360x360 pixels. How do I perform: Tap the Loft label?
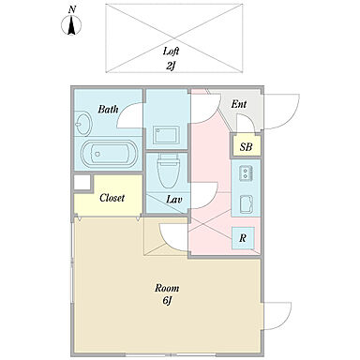[x=171, y=52]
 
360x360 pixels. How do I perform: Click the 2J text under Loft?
[x=170, y=66]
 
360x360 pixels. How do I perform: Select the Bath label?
[x=108, y=109]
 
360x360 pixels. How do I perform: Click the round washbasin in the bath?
[x=83, y=124]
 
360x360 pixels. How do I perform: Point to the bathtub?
[x=109, y=154]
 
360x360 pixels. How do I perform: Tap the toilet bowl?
[x=167, y=170]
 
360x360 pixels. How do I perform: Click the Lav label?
[x=173, y=200]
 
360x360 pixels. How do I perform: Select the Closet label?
[x=112, y=198]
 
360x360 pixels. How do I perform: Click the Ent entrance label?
[x=239, y=104]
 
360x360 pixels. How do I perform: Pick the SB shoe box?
[x=246, y=146]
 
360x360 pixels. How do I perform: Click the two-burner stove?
[x=246, y=173]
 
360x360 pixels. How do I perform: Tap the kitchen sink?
[x=246, y=204]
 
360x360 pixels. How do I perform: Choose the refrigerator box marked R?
[x=243, y=238]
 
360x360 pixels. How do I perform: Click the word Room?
[x=167, y=288]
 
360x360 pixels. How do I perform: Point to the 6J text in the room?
[x=167, y=301]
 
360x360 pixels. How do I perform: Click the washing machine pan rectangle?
[x=167, y=135]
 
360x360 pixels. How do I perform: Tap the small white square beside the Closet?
[x=82, y=182]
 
